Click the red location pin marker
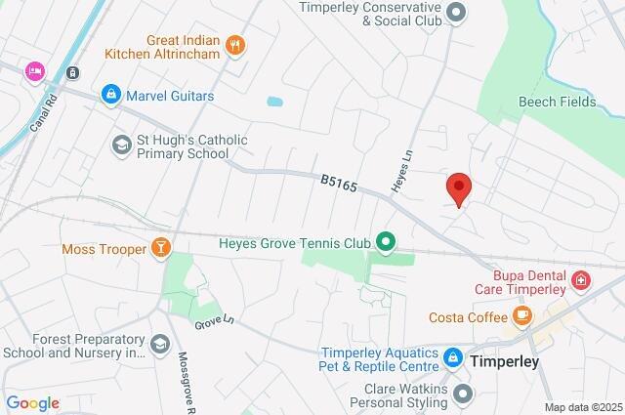(459, 187)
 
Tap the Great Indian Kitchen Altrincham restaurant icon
(234, 44)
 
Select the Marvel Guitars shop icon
(110, 95)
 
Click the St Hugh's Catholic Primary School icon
(122, 145)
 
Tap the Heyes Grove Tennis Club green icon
(387, 240)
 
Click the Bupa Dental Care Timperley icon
(582, 281)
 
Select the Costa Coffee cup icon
(522, 316)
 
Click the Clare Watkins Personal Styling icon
(463, 394)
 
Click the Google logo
(32, 403)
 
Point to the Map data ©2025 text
(583, 407)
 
